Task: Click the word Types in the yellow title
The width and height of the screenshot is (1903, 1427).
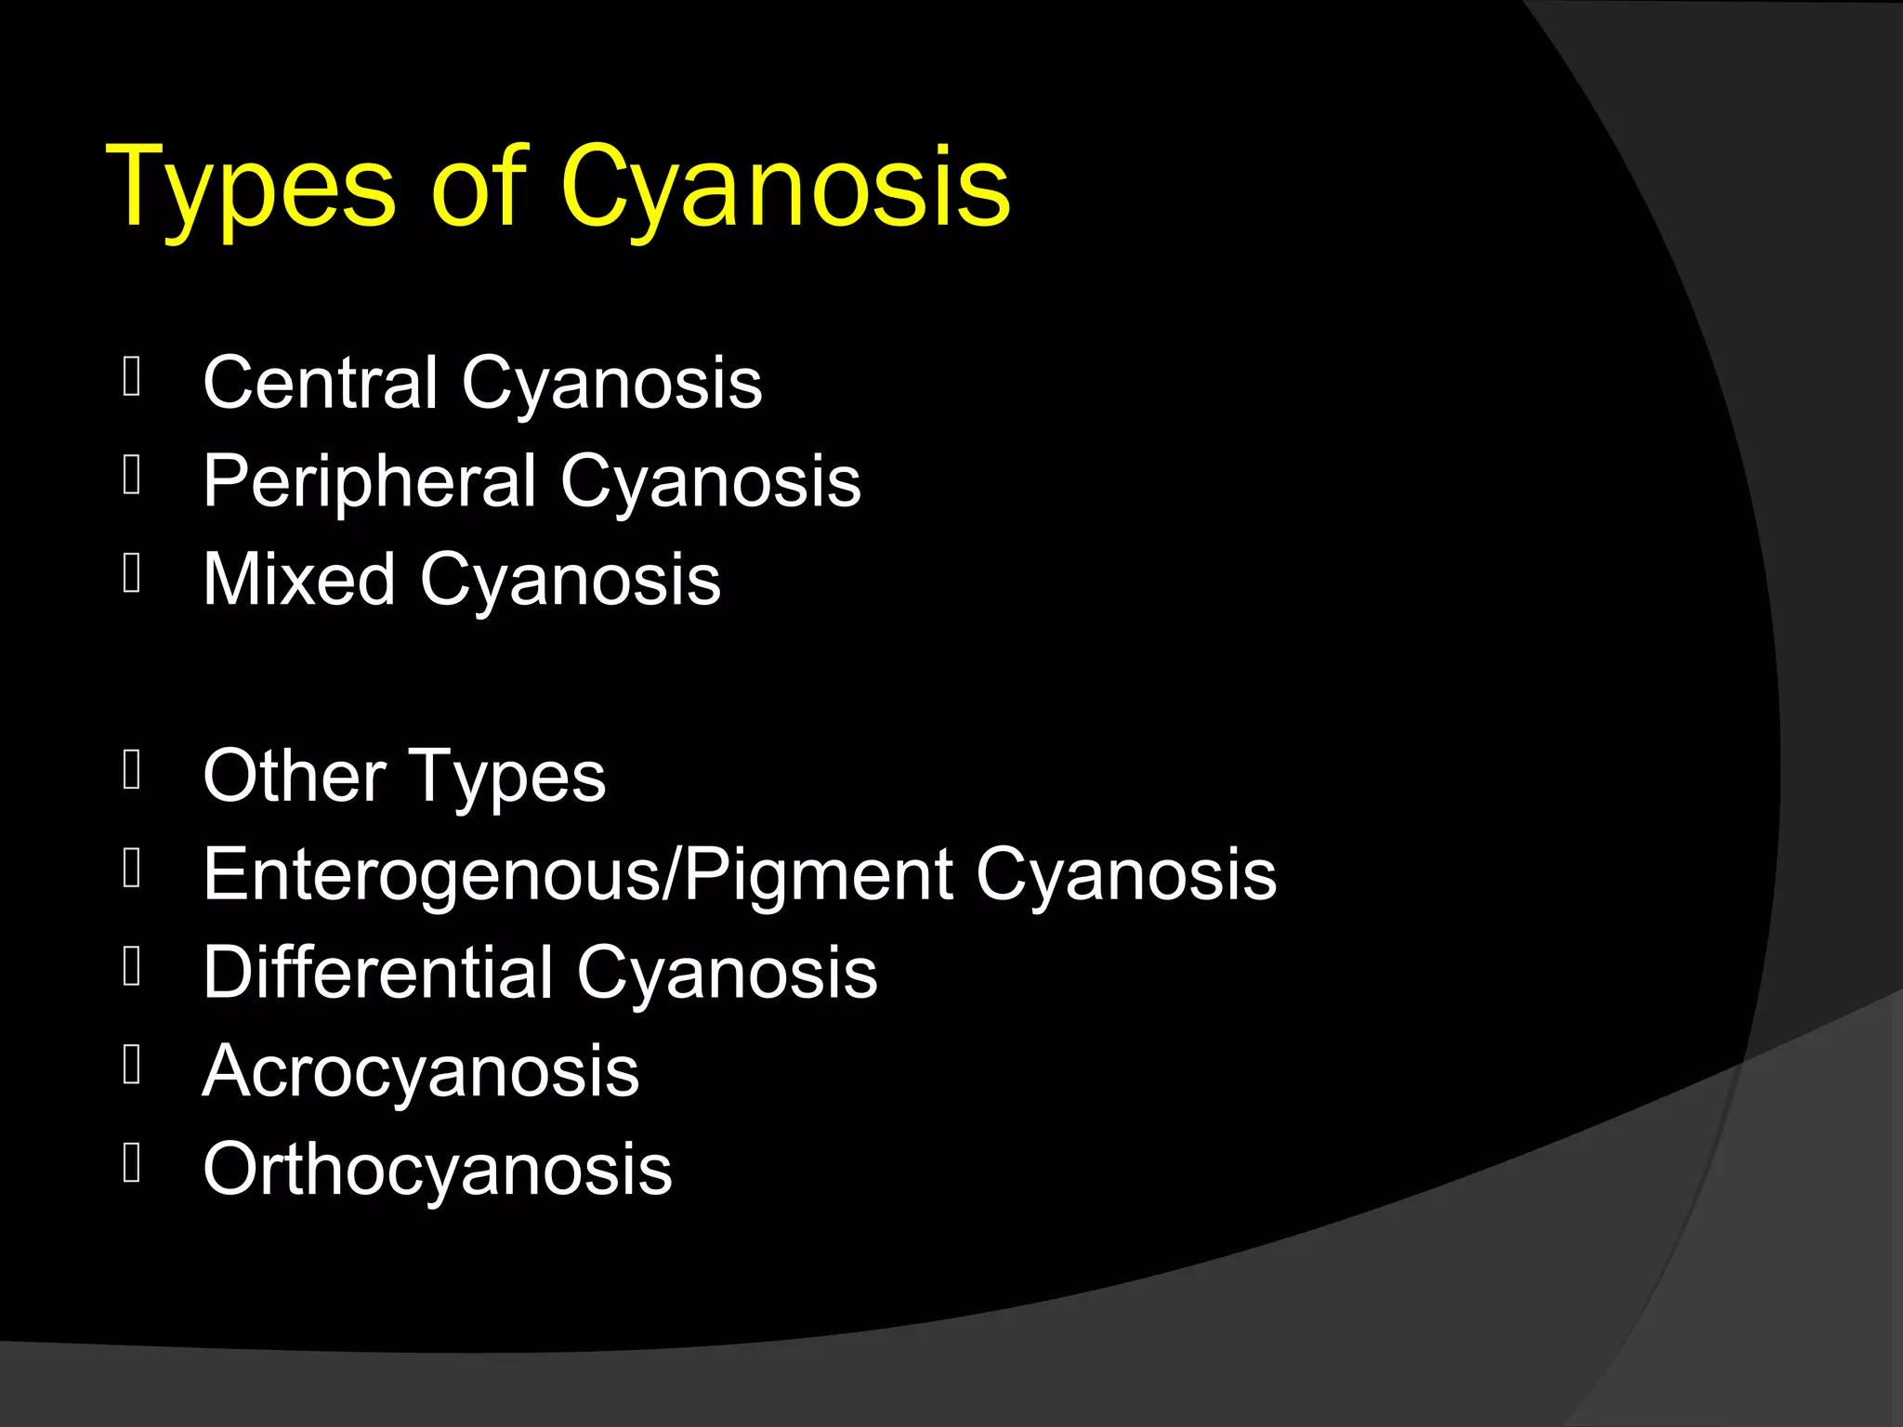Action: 251,188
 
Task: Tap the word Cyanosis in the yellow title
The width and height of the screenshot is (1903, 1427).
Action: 784,188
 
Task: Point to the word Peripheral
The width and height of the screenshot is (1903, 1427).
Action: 370,481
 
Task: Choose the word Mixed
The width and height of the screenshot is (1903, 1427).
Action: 299,579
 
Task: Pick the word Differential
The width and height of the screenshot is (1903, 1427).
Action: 378,972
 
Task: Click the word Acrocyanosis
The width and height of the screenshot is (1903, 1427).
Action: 421,1071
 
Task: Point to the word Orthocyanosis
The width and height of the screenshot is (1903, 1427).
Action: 437,1170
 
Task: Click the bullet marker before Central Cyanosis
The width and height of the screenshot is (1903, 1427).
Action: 132,377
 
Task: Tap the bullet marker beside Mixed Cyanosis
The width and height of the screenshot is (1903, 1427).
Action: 132,573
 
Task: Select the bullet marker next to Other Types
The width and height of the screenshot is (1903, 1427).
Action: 132,770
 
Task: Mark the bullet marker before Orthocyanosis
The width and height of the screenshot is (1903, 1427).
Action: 132,1162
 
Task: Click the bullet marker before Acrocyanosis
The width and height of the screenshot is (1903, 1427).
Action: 132,1065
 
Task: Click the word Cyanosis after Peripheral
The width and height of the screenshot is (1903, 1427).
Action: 710,483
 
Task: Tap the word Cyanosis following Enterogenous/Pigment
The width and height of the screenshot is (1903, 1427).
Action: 1126,876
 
